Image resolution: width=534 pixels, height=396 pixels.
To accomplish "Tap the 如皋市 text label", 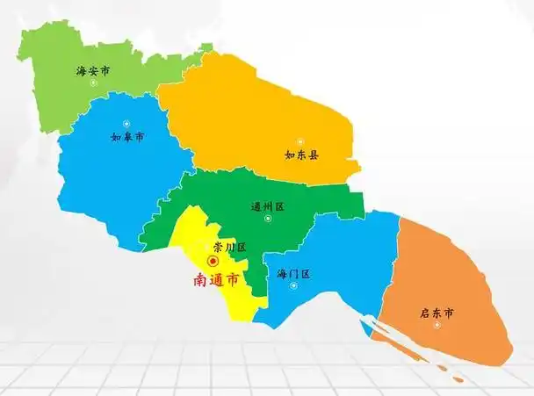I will click(127, 138).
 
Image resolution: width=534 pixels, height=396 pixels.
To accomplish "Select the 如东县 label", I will click(301, 155).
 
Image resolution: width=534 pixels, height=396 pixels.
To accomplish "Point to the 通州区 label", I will click(268, 207).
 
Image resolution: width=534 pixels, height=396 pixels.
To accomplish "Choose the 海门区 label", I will click(293, 274).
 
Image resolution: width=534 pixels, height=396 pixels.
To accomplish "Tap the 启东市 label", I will click(437, 313).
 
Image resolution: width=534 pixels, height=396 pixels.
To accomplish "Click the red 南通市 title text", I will click(215, 281).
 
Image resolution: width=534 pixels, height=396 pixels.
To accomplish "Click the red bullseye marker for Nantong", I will click(213, 262).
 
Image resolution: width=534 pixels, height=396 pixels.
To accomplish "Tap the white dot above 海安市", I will click(92, 58).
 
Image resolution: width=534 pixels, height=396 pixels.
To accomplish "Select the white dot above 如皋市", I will click(126, 123).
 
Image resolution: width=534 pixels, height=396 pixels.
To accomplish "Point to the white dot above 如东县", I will click(299, 140).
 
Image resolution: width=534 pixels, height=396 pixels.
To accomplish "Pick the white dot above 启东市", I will click(437, 298).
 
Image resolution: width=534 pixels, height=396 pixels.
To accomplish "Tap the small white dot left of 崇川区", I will click(207, 247).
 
